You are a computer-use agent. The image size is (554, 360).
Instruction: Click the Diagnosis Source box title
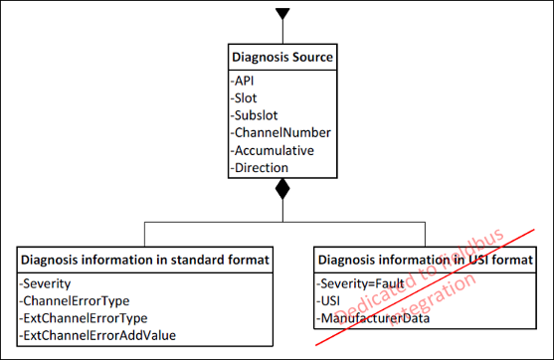pos(281,58)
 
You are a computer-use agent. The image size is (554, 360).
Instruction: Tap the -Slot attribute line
pos(246,98)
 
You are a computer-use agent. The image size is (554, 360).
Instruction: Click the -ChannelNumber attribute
pos(279,132)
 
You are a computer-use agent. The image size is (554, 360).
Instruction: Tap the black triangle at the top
pos(282,14)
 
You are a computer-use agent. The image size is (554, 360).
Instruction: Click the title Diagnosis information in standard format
pos(144,261)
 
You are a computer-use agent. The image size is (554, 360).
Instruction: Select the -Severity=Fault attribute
pos(359,283)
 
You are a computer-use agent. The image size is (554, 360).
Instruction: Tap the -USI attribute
pos(330,300)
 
